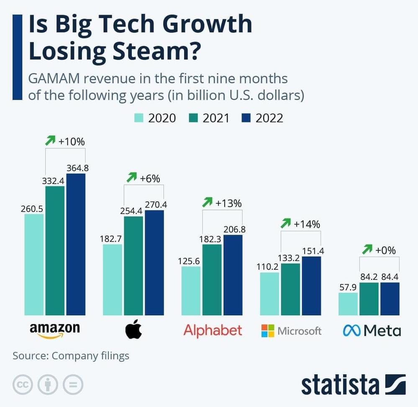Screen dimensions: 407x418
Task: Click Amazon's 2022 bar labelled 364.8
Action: [76, 244]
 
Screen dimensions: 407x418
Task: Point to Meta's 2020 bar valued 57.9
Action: [348, 304]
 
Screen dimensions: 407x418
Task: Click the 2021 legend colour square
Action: [193, 118]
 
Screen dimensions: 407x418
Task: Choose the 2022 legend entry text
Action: [269, 118]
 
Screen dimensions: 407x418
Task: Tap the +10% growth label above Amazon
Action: [72, 141]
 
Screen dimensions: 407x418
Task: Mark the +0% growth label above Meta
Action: [385, 251]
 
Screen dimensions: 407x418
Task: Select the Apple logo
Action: [133, 330]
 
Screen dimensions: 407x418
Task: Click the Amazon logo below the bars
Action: [54, 329]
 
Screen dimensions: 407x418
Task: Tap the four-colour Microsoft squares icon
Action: [268, 331]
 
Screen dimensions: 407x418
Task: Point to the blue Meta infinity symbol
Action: [351, 331]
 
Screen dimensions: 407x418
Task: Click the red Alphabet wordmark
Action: [213, 330]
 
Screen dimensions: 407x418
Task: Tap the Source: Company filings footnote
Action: [71, 356]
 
